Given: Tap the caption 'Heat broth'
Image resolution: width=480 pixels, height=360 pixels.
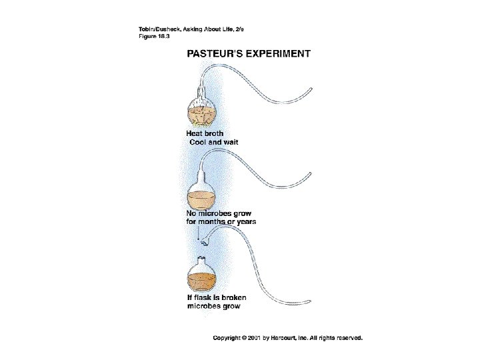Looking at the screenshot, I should coord(205,133).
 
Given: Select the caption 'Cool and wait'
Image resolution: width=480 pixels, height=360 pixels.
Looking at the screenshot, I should coord(214,142).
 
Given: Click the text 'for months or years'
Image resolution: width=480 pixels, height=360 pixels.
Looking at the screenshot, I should coord(221,222).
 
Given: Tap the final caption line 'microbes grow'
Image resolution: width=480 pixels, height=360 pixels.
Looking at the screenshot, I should coord(214,307).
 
